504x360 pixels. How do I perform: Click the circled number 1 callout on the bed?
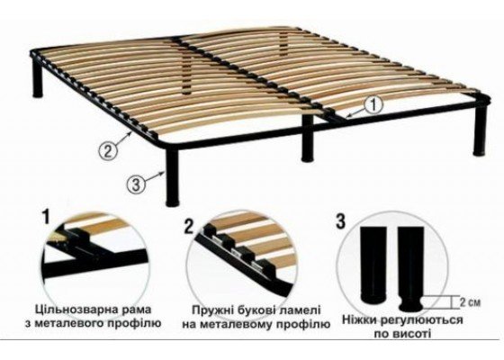(373, 104)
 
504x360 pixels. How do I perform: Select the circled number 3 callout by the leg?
(136, 184)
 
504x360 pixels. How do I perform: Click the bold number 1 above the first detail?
(46, 216)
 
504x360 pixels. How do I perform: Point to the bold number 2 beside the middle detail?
(189, 226)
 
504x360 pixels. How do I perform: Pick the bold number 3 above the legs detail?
(340, 221)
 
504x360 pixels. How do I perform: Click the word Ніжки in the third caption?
(360, 320)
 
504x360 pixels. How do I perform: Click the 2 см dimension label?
(470, 302)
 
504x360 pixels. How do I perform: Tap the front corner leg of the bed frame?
(172, 177)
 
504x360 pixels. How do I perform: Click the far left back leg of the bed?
(37, 77)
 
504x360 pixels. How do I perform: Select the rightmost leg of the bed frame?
(480, 130)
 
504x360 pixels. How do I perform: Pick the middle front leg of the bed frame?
(307, 138)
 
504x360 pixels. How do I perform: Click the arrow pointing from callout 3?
(155, 176)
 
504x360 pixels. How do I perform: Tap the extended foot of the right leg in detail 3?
(410, 303)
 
